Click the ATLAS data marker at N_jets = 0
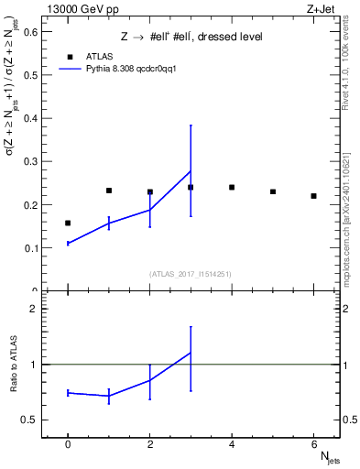click(68, 223)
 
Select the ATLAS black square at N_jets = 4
click(232, 187)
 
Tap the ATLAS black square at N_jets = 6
click(313, 196)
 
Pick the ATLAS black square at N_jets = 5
click(273, 191)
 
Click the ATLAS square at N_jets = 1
click(109, 191)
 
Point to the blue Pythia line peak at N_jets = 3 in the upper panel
click(191, 171)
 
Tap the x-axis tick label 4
click(232, 444)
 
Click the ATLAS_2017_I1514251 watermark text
click(191, 274)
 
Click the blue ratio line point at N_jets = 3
click(191, 353)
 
